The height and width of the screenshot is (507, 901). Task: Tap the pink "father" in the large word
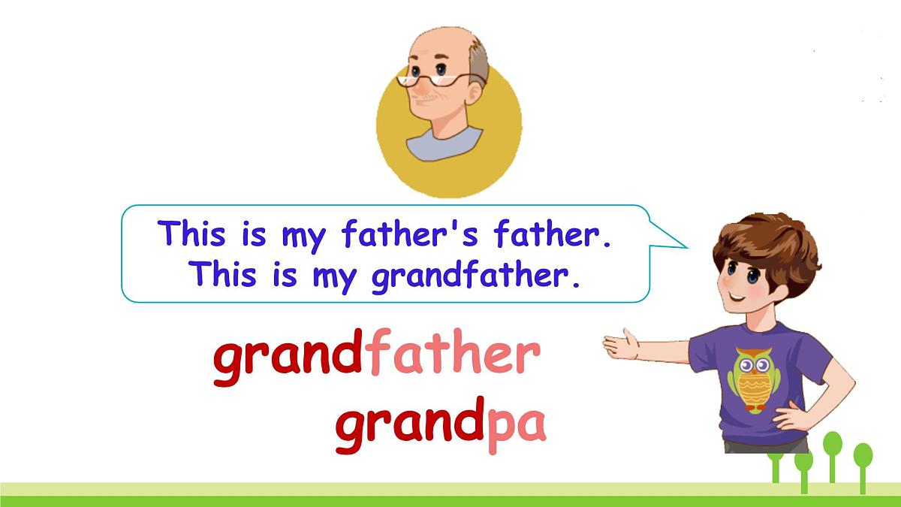(x=450, y=358)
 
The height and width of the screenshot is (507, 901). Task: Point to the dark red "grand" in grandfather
(x=288, y=359)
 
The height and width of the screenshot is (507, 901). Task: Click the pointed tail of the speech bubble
(x=676, y=240)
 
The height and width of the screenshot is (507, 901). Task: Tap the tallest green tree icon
(x=833, y=451)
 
